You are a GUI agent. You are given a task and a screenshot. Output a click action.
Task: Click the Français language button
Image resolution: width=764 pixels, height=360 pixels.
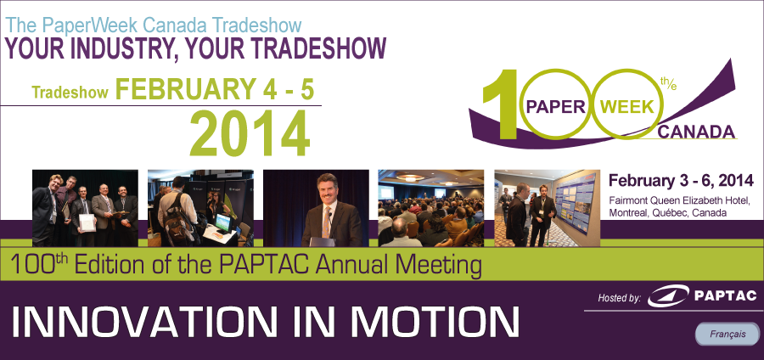727,335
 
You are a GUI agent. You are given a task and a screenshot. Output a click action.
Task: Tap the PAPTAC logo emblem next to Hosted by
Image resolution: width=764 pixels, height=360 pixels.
667,295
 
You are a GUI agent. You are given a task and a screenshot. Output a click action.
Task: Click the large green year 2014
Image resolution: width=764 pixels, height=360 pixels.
250,133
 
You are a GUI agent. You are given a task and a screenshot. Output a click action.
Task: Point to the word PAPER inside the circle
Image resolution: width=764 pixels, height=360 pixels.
556,107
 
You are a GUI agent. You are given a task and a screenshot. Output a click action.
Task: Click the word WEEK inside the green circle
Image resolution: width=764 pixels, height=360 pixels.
627,107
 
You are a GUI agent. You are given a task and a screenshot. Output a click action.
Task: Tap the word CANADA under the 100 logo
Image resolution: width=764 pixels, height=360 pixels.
696,132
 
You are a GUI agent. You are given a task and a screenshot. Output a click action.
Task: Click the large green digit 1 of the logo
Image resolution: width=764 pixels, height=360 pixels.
499,104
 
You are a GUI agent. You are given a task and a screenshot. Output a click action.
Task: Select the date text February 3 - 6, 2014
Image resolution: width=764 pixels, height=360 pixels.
681,180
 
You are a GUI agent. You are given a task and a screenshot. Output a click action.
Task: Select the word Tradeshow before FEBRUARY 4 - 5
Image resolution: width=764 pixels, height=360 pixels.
70,93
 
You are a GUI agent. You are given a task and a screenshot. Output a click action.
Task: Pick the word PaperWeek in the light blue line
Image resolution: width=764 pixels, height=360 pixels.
92,25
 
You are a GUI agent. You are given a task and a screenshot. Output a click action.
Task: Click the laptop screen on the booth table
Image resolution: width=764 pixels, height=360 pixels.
222,222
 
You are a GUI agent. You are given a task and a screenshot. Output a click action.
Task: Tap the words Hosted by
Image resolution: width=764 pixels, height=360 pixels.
620,298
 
